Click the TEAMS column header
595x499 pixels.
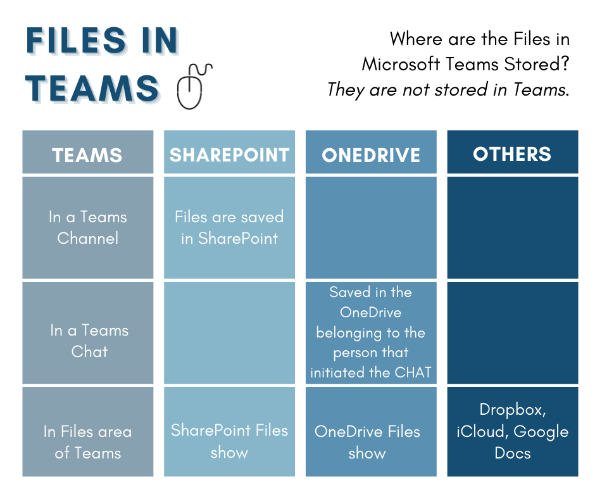pyautogui.click(x=87, y=154)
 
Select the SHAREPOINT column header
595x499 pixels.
pyautogui.click(x=229, y=154)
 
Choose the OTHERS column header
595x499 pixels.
pyautogui.click(x=512, y=153)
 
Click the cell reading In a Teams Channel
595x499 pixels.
pyautogui.click(x=87, y=227)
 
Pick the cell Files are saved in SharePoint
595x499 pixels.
pyautogui.click(x=229, y=227)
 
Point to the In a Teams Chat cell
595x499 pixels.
pyautogui.click(x=89, y=341)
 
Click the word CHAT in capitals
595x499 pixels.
pyautogui.click(x=411, y=372)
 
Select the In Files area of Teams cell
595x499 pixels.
pyautogui.click(x=87, y=442)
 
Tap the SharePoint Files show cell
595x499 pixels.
pyautogui.click(x=229, y=441)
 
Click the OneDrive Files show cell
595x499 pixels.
pyautogui.click(x=368, y=442)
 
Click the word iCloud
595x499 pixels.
pyautogui.click(x=481, y=432)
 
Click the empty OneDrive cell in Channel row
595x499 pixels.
pyautogui.click(x=371, y=227)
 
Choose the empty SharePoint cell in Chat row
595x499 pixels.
pyautogui.click(x=229, y=332)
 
